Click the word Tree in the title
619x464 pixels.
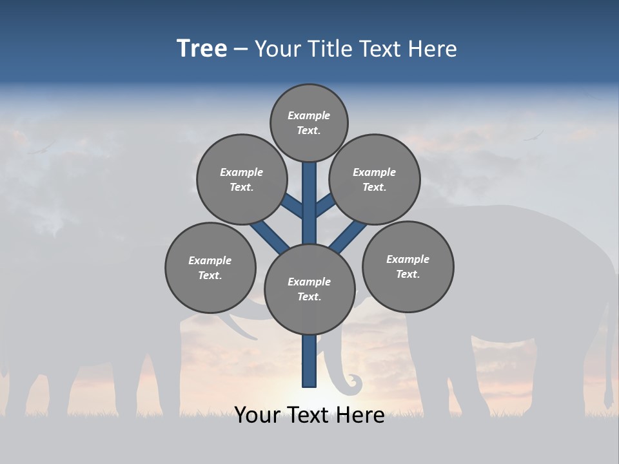point(202,48)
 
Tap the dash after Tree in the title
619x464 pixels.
point(241,49)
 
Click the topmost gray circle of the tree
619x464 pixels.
point(309,122)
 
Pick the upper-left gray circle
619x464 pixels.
point(241,179)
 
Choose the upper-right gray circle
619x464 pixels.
point(375,179)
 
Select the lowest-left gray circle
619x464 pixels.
point(210,267)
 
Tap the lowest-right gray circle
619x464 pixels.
point(408,266)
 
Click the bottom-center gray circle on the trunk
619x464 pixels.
point(309,289)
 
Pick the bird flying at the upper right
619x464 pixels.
point(534,137)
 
